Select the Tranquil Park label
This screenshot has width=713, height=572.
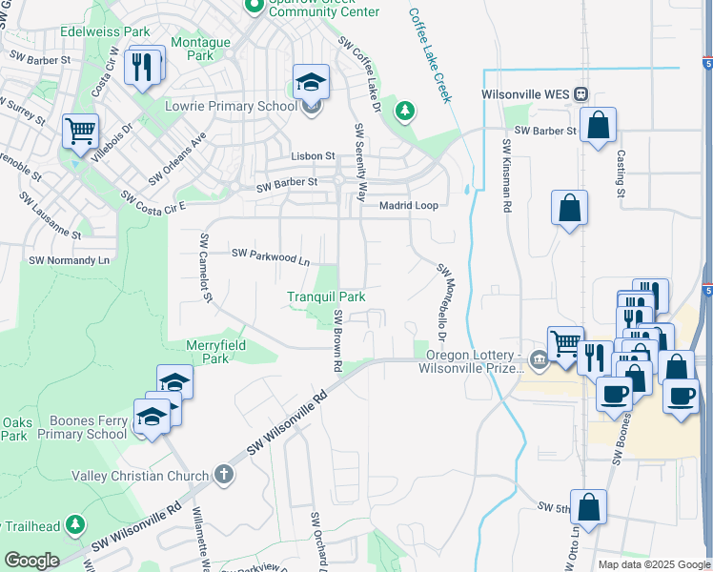click(327, 296)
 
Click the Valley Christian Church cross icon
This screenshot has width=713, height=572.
click(223, 475)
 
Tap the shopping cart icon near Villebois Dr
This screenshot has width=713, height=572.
click(81, 130)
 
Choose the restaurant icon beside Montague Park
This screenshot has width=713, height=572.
click(143, 65)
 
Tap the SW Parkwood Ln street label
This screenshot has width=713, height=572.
click(271, 255)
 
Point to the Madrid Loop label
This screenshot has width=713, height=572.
click(408, 205)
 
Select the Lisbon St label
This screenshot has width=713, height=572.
click(313, 155)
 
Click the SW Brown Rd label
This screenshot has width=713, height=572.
click(336, 339)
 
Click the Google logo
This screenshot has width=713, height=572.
click(31, 561)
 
